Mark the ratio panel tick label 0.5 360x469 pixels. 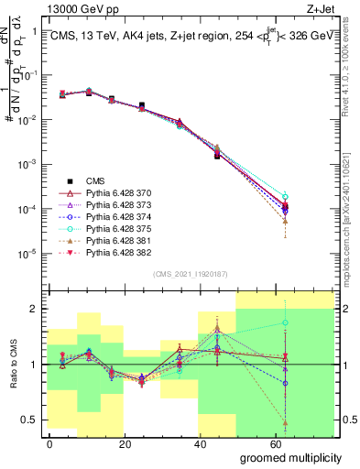point(32,420)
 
